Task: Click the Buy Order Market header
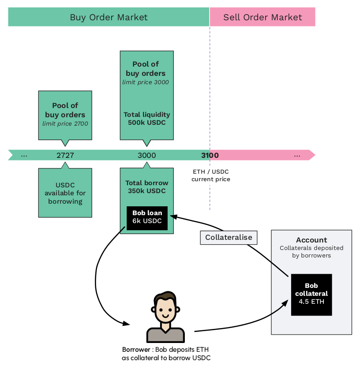(x=109, y=18)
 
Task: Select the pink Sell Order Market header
(x=262, y=18)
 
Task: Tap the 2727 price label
(x=65, y=155)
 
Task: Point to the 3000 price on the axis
(x=146, y=155)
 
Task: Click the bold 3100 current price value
(x=210, y=155)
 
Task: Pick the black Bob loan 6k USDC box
(x=147, y=217)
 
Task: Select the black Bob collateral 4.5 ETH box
(x=311, y=294)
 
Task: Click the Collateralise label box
(x=229, y=237)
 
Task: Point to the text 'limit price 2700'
(x=65, y=123)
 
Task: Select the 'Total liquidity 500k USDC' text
(x=146, y=119)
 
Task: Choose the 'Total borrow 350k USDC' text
(x=146, y=187)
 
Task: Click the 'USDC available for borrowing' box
(x=65, y=193)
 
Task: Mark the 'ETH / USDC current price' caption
(x=211, y=175)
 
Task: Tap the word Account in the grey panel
(x=311, y=240)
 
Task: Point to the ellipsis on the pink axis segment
(x=297, y=155)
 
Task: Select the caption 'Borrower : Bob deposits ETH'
(x=166, y=349)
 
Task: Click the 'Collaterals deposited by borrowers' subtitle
(x=311, y=251)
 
